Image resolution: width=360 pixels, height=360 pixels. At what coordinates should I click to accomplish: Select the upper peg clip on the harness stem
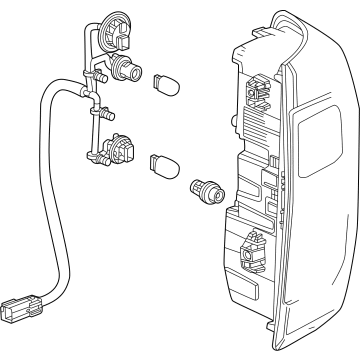pyautogui.click(x=99, y=75)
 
